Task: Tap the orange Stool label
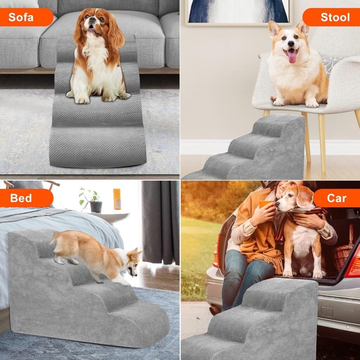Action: pyautogui.click(x=330, y=17)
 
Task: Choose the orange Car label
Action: pyautogui.click(x=336, y=198)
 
